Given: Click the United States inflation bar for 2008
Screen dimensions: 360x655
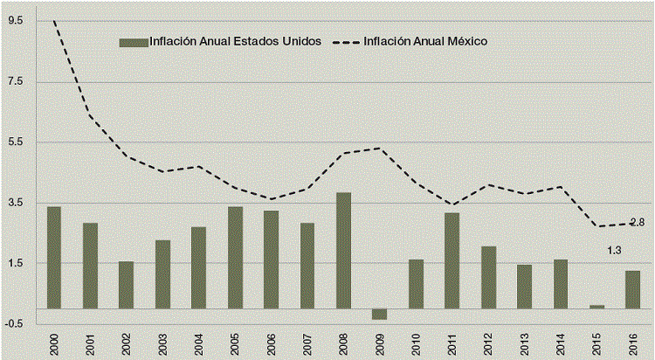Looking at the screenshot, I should tap(343, 250).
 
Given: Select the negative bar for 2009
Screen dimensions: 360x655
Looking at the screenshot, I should tap(379, 314).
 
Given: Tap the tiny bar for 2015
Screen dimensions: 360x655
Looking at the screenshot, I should tap(596, 306).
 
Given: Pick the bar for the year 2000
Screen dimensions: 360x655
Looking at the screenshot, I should tap(54, 257).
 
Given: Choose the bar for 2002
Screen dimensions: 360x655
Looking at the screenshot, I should tap(127, 285).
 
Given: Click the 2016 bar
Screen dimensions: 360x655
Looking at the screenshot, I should tap(632, 289).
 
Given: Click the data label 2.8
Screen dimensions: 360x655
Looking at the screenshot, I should tap(637, 222).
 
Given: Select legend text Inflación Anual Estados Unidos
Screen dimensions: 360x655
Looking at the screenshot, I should tap(236, 41).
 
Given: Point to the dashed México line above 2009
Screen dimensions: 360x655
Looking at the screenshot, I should tap(379, 148).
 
